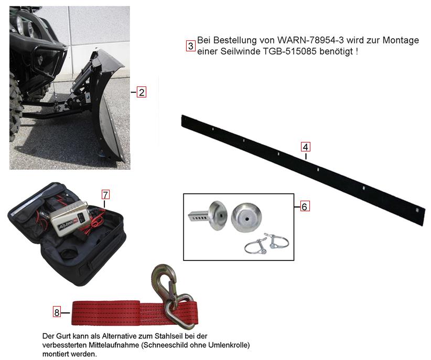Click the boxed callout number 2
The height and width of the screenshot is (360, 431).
[x=141, y=92]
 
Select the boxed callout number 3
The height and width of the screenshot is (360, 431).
[x=190, y=46]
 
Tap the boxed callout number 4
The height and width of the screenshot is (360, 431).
[x=305, y=147]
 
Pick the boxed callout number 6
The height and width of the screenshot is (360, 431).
[x=304, y=206]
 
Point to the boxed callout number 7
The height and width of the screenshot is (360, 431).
[x=105, y=194]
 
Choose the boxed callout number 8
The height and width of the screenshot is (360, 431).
[x=57, y=312]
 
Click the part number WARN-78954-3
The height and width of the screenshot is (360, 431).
[x=310, y=40]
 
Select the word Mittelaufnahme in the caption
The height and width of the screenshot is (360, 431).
[x=116, y=345]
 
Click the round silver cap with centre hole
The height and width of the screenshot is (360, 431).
[x=246, y=217]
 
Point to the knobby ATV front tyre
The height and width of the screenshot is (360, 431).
[x=15, y=107]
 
